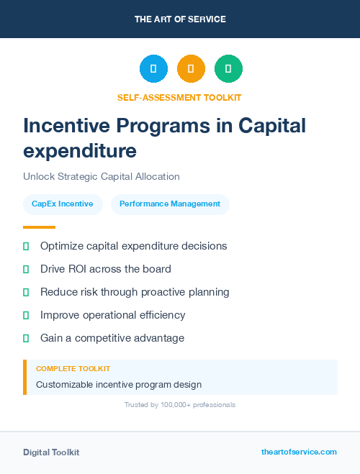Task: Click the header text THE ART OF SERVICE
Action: click(180, 19)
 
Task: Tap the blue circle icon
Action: click(153, 69)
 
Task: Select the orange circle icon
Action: click(191, 69)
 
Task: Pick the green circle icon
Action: click(228, 69)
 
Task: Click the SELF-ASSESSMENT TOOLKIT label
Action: click(179, 97)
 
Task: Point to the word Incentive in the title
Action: click(66, 126)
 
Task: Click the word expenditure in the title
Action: click(80, 151)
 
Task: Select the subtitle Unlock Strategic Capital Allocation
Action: click(102, 176)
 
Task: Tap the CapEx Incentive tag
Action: click(63, 204)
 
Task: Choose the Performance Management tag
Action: click(170, 204)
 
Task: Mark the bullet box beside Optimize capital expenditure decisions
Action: click(26, 246)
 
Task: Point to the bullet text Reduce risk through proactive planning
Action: click(135, 292)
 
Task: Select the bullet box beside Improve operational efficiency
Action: click(26, 315)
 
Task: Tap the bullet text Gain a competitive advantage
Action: click(112, 338)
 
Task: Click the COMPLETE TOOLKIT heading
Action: click(73, 368)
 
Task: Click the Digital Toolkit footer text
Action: click(51, 452)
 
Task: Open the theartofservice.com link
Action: click(299, 452)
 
